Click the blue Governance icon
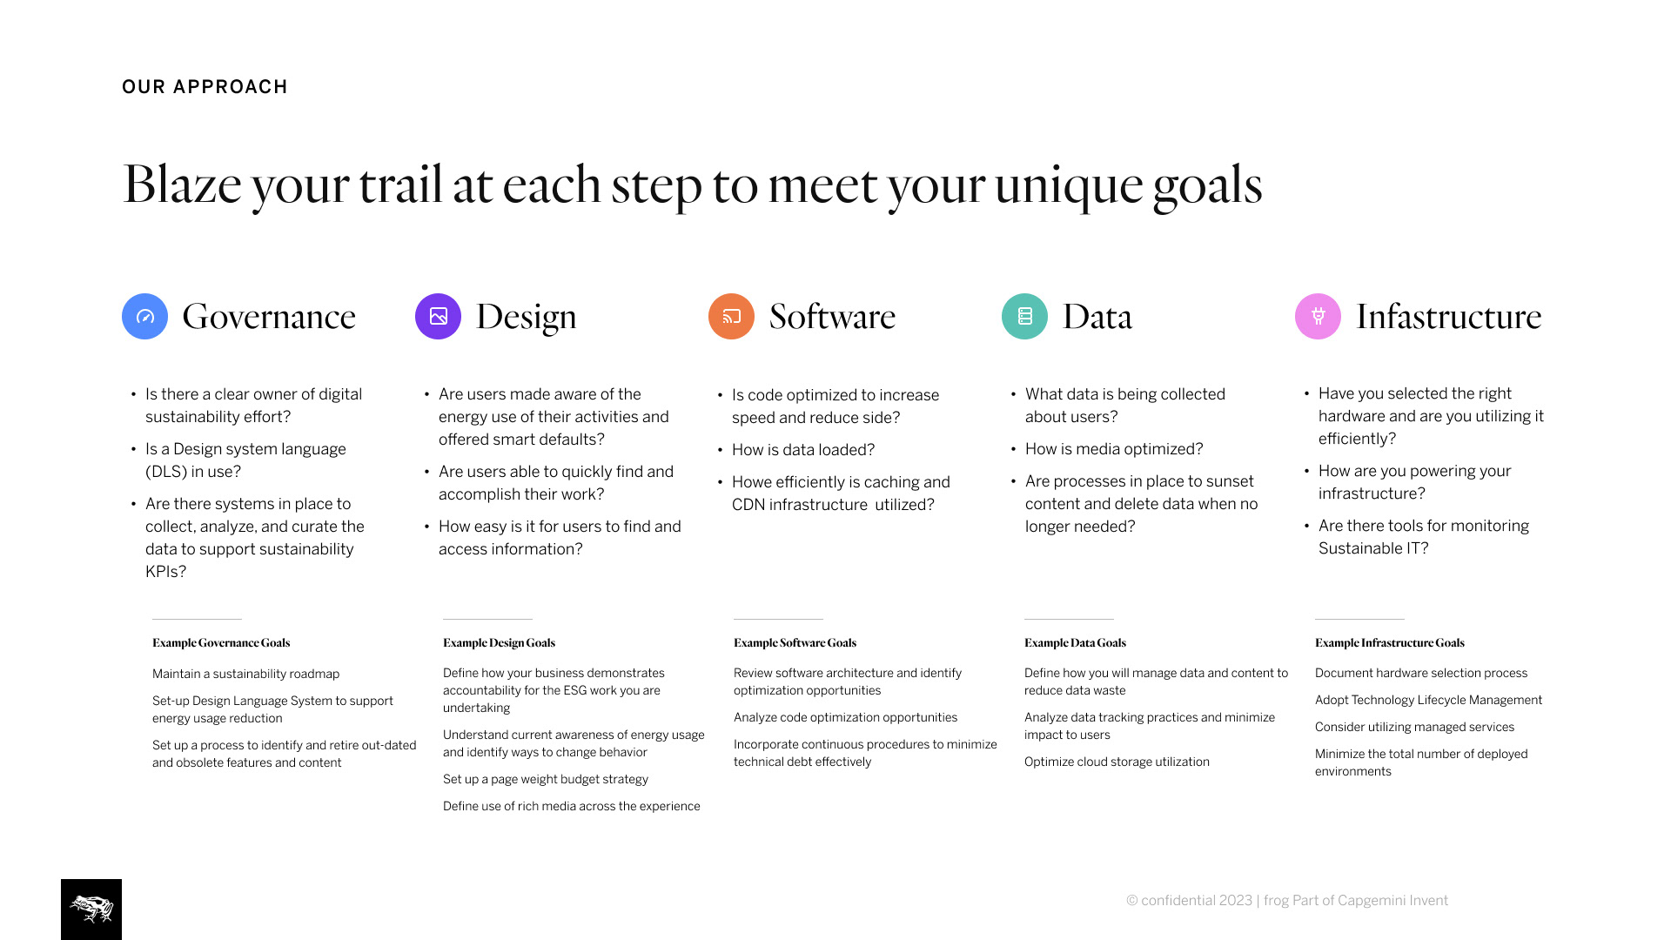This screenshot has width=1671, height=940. click(x=144, y=316)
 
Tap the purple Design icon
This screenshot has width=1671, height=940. click(x=438, y=316)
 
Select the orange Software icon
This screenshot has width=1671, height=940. click(x=731, y=316)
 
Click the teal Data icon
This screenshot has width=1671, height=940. click(x=1024, y=316)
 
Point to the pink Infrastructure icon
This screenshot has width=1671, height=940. click(x=1318, y=316)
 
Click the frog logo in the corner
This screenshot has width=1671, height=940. click(x=91, y=910)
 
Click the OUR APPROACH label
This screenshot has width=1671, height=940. click(x=205, y=87)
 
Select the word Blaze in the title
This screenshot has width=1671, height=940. click(x=182, y=184)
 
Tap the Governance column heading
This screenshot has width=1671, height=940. click(x=269, y=316)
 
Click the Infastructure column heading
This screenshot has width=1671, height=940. click(x=1449, y=316)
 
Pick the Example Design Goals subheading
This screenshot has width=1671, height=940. click(x=499, y=643)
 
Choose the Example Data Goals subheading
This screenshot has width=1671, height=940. click(x=1075, y=643)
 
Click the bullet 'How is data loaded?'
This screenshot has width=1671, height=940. click(x=803, y=450)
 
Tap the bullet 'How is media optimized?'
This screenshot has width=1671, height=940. click(x=1114, y=449)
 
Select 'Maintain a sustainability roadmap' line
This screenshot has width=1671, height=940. click(x=245, y=674)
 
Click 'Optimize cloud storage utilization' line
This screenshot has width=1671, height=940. click(x=1117, y=762)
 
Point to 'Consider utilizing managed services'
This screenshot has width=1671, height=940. click(x=1414, y=727)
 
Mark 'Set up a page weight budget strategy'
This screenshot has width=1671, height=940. click(x=546, y=779)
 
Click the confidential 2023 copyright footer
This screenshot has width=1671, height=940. click(x=1287, y=901)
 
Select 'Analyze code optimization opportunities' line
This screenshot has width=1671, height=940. click(x=845, y=717)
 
